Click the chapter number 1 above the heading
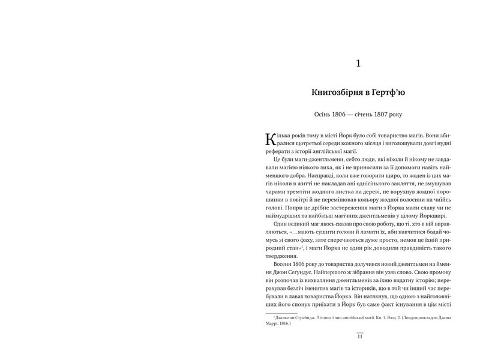coord(358,64)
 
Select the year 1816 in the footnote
coord(284,325)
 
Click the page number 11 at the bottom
coord(359,337)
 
